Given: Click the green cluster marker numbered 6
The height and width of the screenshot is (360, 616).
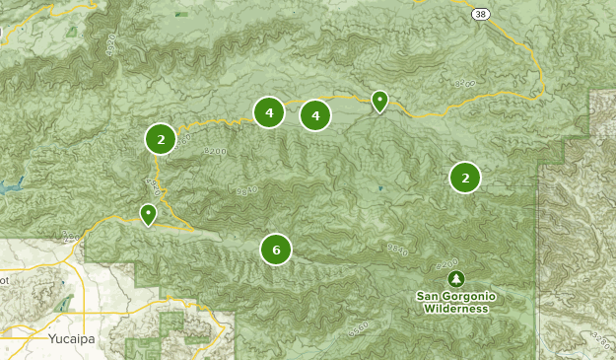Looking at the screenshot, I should tap(276, 250).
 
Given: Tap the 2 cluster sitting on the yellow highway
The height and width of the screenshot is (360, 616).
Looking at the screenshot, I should tap(161, 139).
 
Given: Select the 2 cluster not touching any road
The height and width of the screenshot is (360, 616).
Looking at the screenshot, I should tap(465, 178).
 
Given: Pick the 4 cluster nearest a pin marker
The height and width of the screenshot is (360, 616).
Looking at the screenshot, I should tap(315, 115).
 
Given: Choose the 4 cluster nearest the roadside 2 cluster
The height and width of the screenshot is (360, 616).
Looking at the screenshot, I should tap(268, 112).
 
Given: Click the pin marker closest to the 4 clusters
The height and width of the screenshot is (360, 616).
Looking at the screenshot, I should tap(379, 100).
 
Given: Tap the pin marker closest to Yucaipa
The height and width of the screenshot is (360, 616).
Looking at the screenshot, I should tap(148, 213).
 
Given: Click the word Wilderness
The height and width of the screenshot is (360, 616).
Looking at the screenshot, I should tap(456, 309).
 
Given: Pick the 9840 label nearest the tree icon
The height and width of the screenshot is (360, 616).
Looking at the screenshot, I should tap(397, 250).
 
